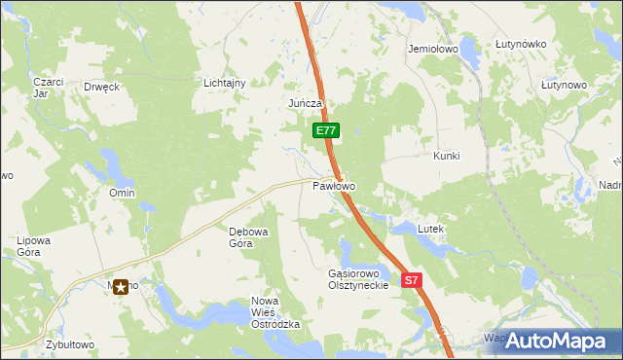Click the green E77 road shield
[326, 129]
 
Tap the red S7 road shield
[412, 280]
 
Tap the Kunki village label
[446, 156]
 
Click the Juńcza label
[305, 103]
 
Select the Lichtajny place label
[224, 84]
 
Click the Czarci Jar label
[47, 88]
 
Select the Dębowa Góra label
[240, 237]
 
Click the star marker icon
[122, 286]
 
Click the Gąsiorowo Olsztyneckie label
[358, 279]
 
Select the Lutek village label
[430, 229]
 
